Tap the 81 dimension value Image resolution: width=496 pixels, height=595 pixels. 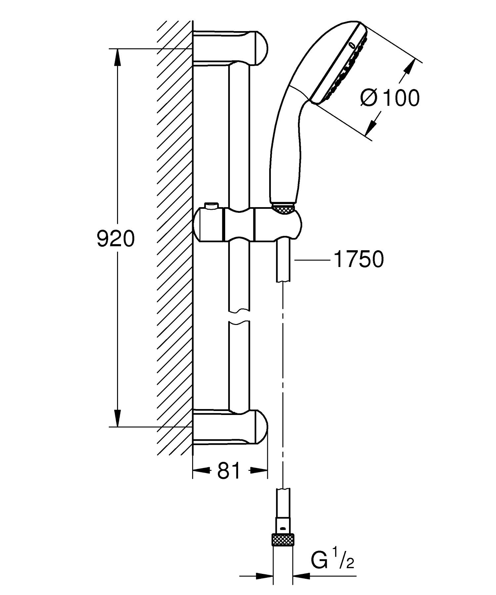229,471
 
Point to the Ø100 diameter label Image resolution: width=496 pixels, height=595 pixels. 390,98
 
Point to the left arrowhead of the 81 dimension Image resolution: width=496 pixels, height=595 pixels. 200,470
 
